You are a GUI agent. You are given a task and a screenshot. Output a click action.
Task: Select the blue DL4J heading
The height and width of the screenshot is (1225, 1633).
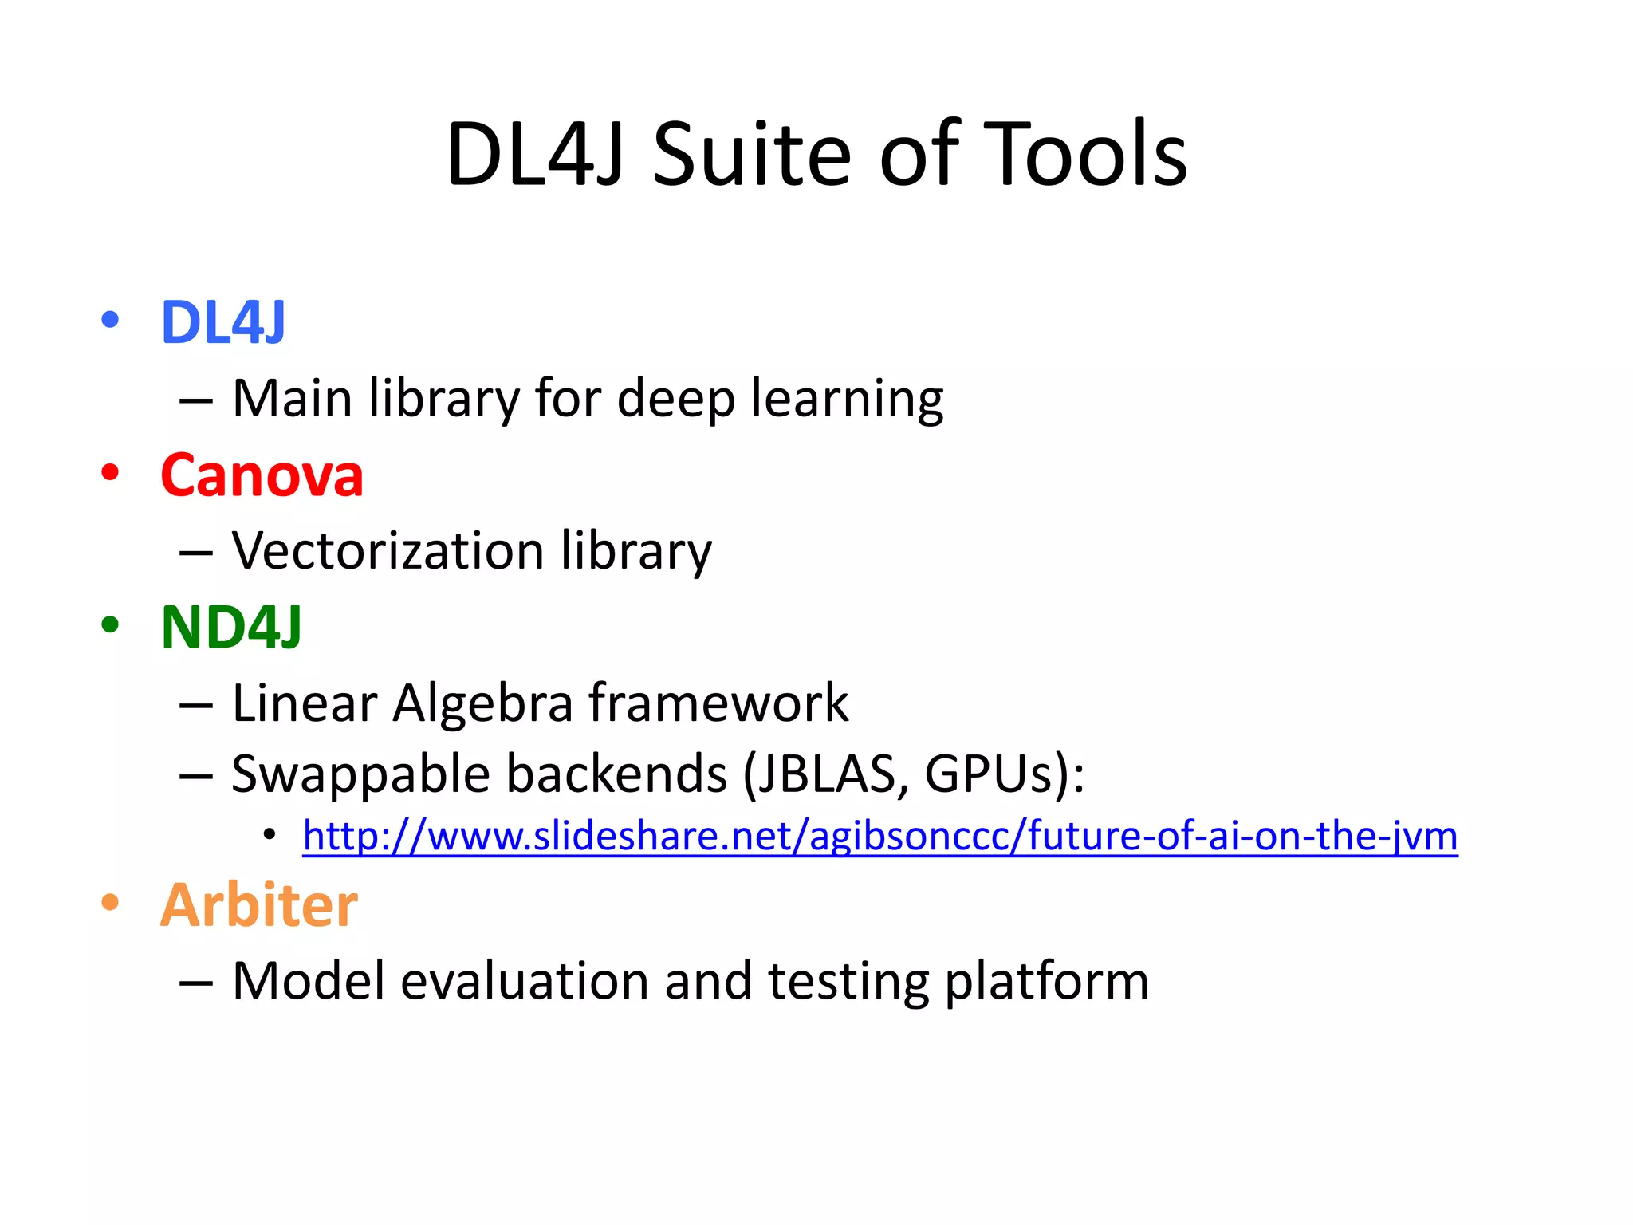click(223, 323)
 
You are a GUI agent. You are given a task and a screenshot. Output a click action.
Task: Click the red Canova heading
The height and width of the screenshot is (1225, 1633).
click(262, 475)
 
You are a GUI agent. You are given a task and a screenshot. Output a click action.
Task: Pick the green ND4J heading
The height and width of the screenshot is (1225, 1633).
click(231, 628)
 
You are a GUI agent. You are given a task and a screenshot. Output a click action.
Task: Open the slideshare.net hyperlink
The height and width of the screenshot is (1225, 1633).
click(880, 837)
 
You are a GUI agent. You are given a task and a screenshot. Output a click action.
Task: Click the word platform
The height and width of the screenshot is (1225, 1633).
click(1046, 982)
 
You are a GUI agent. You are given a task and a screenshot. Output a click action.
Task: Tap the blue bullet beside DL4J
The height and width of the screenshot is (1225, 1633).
click(110, 321)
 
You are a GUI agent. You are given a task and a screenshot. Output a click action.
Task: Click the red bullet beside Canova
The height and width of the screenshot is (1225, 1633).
click(110, 472)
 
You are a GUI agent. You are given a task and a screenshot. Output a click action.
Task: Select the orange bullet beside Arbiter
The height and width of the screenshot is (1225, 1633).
click(110, 903)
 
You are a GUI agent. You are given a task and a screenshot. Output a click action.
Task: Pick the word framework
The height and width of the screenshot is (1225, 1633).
click(718, 703)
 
